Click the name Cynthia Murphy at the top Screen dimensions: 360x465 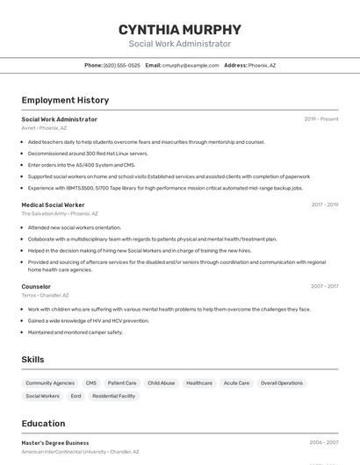click(x=180, y=29)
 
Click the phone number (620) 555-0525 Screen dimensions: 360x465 click(x=121, y=65)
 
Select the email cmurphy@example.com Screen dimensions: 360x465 click(x=191, y=65)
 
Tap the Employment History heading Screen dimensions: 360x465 click(x=65, y=100)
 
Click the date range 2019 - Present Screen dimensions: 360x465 click(x=321, y=119)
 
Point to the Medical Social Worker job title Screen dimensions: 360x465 click(x=53, y=204)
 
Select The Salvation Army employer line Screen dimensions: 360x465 click(x=60, y=213)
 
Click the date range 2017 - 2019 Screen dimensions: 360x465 click(x=324, y=204)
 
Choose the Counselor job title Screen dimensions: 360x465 click(x=36, y=286)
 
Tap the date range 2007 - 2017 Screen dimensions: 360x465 click(x=324, y=286)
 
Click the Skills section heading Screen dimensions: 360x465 click(x=33, y=360)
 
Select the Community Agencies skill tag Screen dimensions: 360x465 click(x=50, y=383)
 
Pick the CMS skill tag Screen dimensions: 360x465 click(x=91, y=383)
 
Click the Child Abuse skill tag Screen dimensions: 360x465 click(x=162, y=383)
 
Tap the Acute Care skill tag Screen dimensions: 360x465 click(x=236, y=383)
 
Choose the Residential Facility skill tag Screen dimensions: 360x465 click(x=114, y=397)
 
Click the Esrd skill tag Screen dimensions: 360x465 click(x=76, y=397)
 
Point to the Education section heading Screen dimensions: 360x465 click(x=43, y=424)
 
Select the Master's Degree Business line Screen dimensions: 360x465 click(x=55, y=443)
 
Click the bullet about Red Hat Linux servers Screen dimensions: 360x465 click(x=88, y=153)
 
